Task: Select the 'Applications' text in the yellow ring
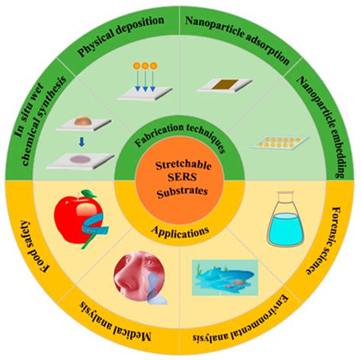pos(180,228)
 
